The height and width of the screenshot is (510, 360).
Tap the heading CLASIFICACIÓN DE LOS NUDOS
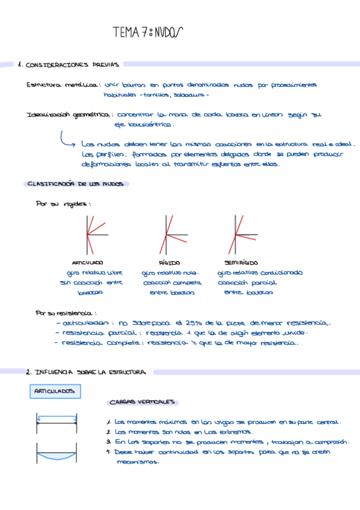coord(75,184)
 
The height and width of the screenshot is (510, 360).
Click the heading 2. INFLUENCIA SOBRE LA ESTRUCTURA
coord(86,372)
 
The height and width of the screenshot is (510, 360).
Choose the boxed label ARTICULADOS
coord(54,392)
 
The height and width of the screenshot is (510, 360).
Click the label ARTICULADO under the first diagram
coord(87,263)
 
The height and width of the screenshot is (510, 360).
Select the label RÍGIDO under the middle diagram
coord(169,263)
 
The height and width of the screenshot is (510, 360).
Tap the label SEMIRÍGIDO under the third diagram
coord(241,263)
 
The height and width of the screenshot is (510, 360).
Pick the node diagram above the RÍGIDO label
coord(168,233)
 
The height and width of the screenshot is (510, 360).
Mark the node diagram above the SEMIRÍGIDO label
coord(241,233)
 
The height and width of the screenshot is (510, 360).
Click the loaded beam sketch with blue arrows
coord(56,423)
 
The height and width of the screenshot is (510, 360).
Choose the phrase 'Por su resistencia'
coord(67,313)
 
